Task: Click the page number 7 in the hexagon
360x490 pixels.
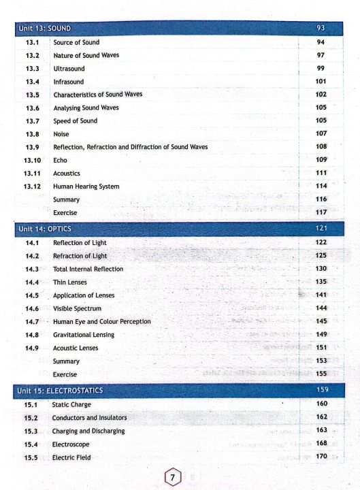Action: (173, 477)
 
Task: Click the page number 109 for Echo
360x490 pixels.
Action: (322, 160)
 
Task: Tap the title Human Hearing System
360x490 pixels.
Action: (86, 186)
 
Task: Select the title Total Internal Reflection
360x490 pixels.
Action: (88, 269)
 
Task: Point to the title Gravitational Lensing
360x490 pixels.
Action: (84, 335)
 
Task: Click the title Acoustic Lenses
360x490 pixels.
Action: (76, 348)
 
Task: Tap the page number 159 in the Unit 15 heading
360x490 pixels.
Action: (322, 390)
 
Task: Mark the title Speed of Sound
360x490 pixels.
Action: (75, 120)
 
